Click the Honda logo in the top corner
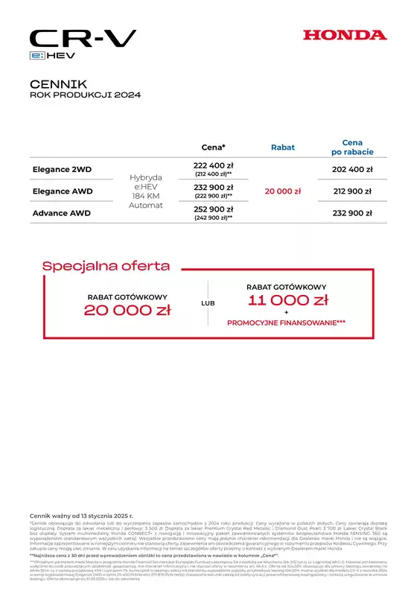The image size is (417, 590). (x=345, y=35)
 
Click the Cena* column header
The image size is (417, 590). (x=214, y=147)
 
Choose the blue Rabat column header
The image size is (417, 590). (x=282, y=147)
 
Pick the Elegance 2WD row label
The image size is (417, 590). (x=62, y=170)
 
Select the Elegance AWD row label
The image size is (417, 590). (x=63, y=191)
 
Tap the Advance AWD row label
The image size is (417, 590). (x=62, y=213)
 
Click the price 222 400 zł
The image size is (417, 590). (x=214, y=165)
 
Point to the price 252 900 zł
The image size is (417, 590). (x=214, y=209)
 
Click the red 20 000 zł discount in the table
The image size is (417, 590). (x=282, y=191)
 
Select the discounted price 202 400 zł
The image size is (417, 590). (x=351, y=170)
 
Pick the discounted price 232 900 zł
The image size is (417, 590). (x=351, y=213)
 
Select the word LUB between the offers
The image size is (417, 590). (x=208, y=304)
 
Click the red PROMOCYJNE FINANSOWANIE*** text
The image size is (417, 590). (x=287, y=323)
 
